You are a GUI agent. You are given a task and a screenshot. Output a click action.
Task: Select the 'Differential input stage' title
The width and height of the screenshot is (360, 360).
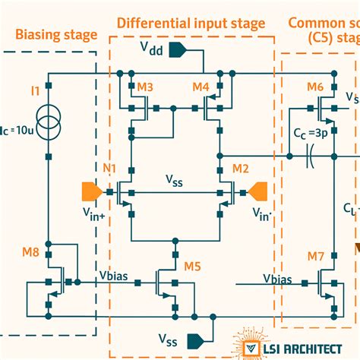click(x=191, y=24)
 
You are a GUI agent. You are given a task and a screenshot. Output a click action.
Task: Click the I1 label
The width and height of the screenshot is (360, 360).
click(x=35, y=92)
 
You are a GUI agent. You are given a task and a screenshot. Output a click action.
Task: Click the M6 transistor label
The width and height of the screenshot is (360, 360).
click(x=316, y=87)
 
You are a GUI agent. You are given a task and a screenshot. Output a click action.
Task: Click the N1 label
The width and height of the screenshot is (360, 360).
click(x=111, y=168)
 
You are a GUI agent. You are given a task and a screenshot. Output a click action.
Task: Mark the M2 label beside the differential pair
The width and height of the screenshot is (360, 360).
click(x=240, y=168)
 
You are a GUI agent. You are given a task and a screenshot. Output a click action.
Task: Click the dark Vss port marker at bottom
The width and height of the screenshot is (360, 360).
click(x=198, y=337)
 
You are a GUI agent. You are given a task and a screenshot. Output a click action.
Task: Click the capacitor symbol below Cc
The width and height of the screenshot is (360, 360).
click(x=310, y=159)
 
